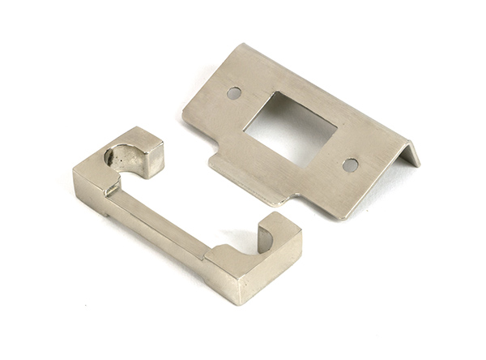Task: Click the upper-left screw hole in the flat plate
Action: click(234, 92)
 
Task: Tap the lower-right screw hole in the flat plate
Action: click(350, 165)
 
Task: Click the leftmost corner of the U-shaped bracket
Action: click(74, 172)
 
